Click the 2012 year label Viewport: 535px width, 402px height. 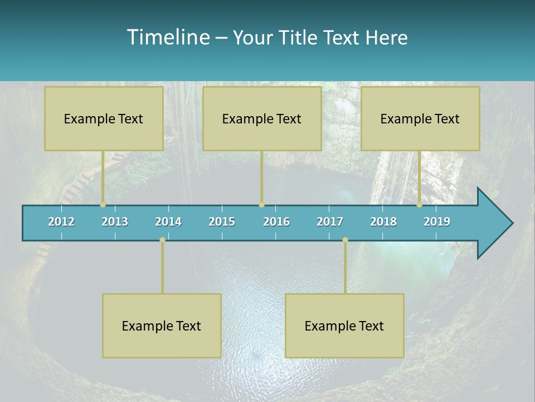[61, 222]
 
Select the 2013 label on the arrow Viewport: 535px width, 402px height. [115, 222]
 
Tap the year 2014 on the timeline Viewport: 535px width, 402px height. [168, 222]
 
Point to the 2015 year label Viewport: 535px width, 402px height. [222, 222]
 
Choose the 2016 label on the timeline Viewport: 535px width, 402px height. [276, 222]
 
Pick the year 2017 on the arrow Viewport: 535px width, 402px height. [330, 222]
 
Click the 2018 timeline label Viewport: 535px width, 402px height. [383, 222]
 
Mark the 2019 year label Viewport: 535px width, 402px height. [437, 222]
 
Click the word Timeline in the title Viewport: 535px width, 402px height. [168, 37]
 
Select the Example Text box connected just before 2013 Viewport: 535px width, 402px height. [104, 118]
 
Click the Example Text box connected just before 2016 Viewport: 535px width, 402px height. [262, 118]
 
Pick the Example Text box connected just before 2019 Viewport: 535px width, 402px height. [420, 118]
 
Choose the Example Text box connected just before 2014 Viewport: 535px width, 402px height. [162, 326]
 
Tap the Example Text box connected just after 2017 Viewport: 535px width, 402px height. [344, 326]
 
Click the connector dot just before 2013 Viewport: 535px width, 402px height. [103, 205]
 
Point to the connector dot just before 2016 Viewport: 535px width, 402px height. [261, 205]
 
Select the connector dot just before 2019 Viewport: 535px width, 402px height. [420, 205]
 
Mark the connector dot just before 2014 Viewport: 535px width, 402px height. [162, 240]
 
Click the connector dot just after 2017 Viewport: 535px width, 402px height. [345, 240]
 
